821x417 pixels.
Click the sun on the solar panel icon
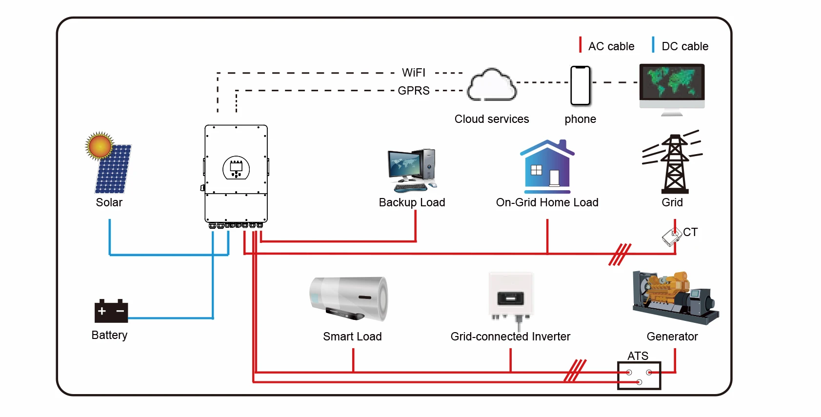point(100,146)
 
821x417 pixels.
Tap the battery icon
point(111,311)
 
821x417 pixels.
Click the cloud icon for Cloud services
point(492,85)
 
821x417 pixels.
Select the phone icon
point(581,86)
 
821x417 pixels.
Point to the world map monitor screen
point(672,82)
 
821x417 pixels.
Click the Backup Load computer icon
point(412,170)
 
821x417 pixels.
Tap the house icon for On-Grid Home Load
point(547,166)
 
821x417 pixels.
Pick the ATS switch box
point(639,376)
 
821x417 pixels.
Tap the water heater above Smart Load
point(349,299)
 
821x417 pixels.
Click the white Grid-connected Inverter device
point(511,298)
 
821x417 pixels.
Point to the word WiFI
point(414,73)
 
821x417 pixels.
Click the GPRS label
point(414,91)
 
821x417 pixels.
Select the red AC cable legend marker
point(580,45)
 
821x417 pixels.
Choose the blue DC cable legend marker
point(653,45)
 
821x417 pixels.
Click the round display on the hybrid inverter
point(236,168)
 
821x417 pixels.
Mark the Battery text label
point(109,335)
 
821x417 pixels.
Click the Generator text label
point(672,337)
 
